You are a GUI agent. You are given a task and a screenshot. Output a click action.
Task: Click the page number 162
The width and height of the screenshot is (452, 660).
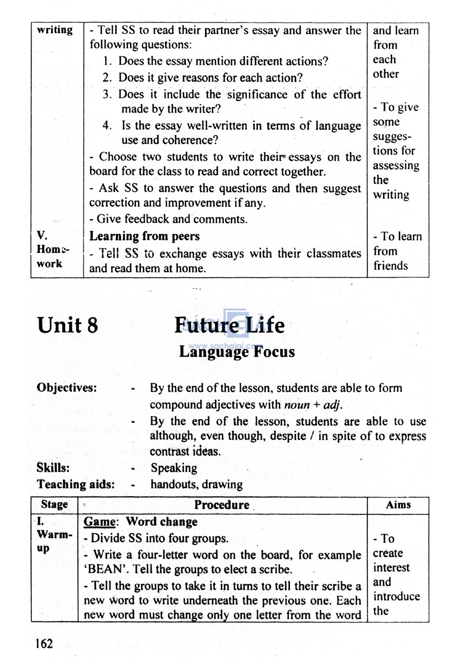(44, 644)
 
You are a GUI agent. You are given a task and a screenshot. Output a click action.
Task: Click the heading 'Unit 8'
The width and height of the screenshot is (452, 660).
(68, 325)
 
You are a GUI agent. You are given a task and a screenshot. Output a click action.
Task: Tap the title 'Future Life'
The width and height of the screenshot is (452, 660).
(230, 325)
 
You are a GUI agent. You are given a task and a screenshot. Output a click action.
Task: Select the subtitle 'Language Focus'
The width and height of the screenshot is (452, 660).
(237, 352)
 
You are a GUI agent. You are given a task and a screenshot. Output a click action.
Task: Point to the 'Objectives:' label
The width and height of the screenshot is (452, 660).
(67, 388)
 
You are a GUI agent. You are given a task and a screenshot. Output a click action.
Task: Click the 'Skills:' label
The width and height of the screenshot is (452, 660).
(53, 468)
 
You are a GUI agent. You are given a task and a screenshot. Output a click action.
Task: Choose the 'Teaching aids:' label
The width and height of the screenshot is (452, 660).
(75, 484)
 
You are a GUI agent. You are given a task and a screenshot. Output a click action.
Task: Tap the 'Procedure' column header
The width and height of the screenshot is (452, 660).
(222, 505)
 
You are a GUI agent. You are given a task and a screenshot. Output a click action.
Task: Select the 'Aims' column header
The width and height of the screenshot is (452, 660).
(398, 505)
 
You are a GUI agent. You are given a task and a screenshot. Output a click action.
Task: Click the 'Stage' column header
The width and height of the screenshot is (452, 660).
(54, 505)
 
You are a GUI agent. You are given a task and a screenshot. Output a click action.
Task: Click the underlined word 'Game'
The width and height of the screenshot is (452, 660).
(100, 522)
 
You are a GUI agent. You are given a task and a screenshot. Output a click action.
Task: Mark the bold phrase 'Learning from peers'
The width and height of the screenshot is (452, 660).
(144, 236)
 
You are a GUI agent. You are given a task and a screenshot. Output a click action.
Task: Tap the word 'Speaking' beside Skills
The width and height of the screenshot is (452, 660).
(174, 468)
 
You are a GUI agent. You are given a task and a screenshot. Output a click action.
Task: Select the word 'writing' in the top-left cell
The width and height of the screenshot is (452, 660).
(55, 30)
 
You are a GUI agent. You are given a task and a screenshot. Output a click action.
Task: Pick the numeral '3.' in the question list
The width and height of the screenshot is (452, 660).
(107, 94)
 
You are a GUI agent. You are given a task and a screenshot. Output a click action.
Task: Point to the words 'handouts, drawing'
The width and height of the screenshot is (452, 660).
(196, 484)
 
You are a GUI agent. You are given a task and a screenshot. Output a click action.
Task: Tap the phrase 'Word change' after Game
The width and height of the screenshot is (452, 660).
(162, 522)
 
